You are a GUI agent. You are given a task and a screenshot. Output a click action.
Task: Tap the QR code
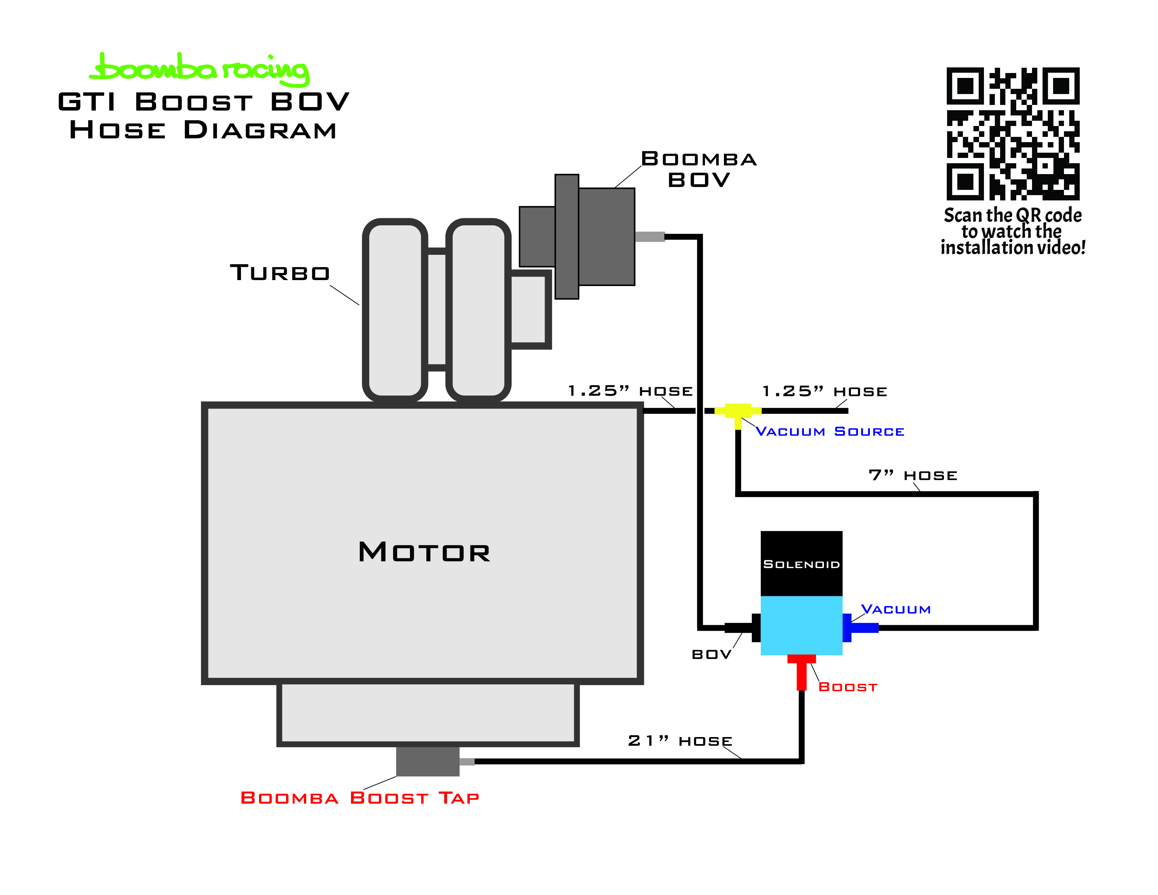click(1013, 134)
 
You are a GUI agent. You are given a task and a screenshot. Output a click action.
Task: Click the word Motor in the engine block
click(424, 552)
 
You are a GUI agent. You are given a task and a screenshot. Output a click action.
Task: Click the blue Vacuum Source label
click(830, 432)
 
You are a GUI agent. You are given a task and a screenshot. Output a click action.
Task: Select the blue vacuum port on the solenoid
click(860, 628)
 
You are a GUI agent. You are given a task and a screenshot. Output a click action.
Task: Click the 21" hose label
click(680, 741)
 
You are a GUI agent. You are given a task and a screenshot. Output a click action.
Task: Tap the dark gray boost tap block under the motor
click(427, 761)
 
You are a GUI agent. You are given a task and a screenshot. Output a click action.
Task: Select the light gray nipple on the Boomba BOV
click(650, 237)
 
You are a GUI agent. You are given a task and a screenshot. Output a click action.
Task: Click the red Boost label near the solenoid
click(848, 687)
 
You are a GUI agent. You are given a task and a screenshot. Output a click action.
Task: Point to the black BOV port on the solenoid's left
click(742, 628)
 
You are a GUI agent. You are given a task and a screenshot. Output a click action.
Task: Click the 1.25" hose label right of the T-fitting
click(825, 391)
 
